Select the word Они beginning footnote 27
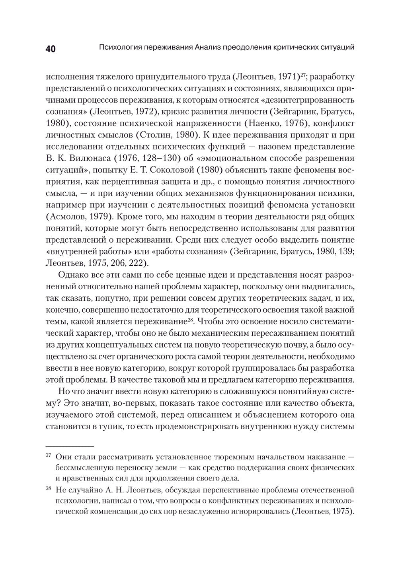pyautogui.click(x=64, y=456)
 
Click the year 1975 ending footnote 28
pyautogui.click(x=342, y=511)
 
